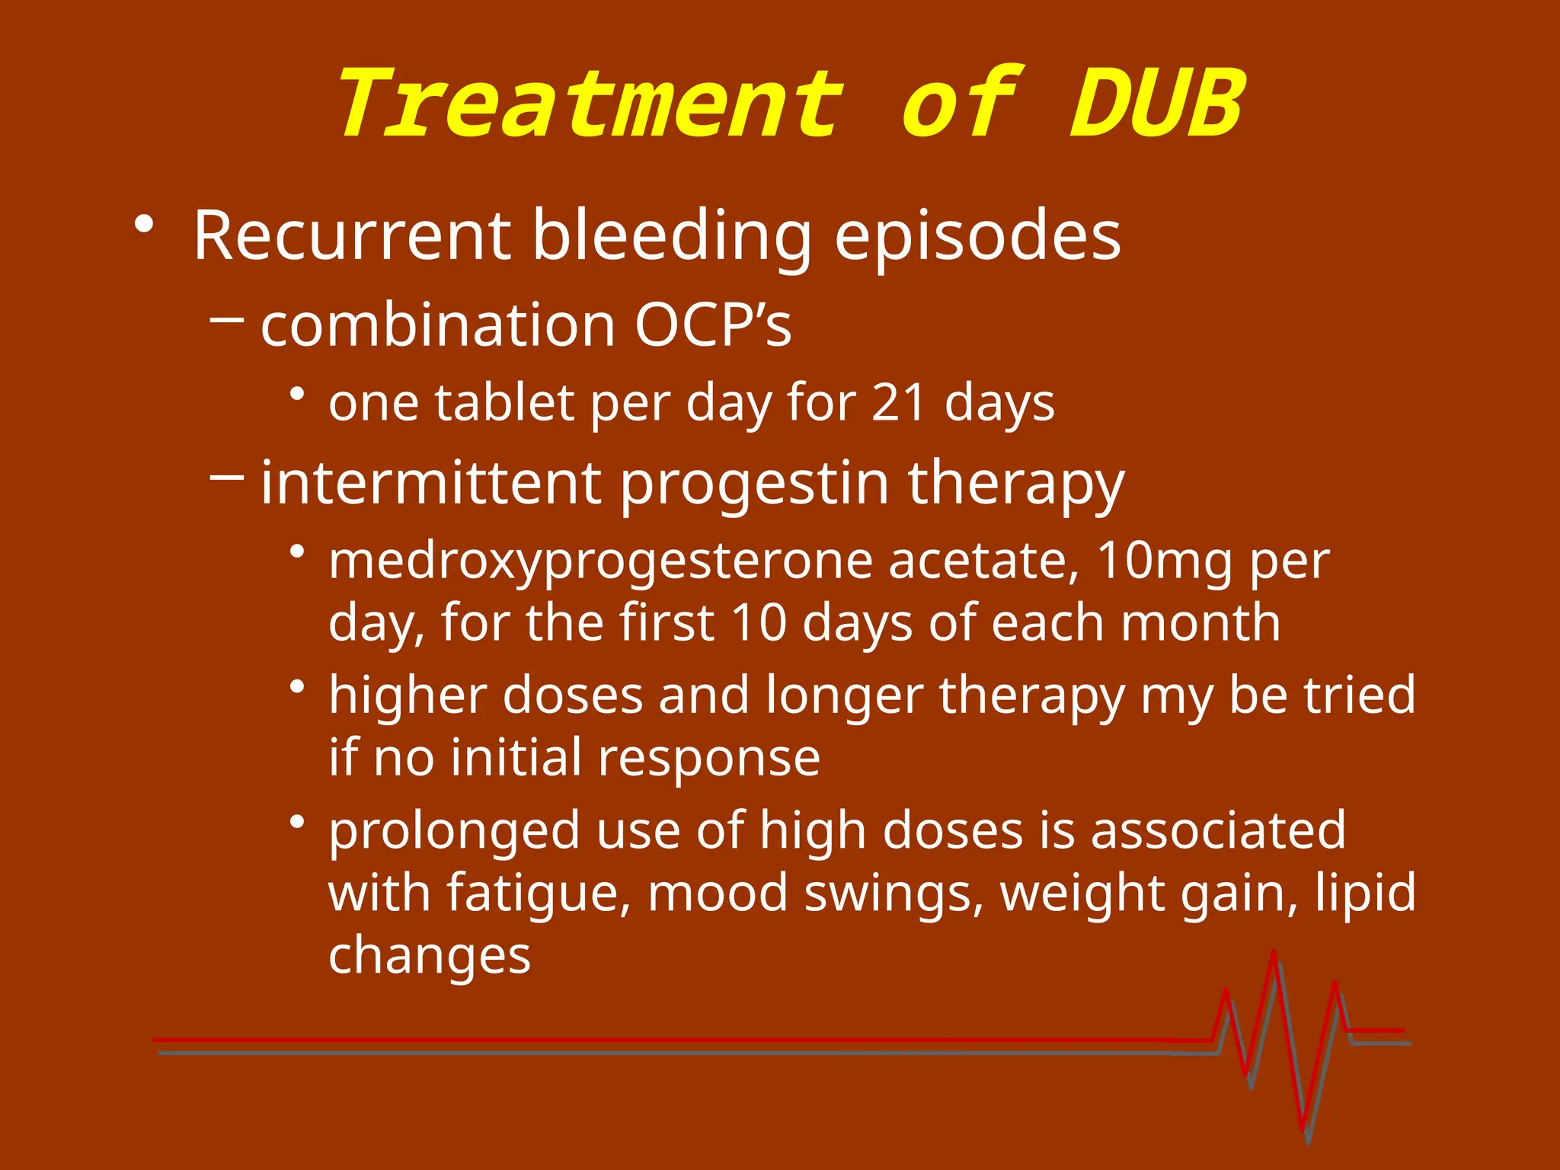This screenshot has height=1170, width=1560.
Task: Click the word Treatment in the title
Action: (x=590, y=104)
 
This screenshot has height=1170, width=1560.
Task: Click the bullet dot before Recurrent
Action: (x=143, y=224)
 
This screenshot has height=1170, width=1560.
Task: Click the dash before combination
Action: (x=226, y=321)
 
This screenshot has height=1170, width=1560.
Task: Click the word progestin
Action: (x=754, y=484)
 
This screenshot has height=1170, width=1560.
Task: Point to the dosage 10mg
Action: (x=1163, y=561)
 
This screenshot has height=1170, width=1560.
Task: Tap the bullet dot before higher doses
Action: (x=298, y=686)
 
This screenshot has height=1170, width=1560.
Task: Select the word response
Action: (x=708, y=758)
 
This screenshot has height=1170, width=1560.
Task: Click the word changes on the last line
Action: (x=429, y=955)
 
